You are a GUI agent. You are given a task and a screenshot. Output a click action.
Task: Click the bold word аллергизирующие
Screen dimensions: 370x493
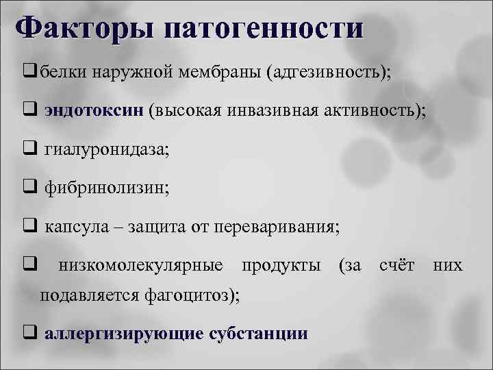pyautogui.click(x=123, y=334)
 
